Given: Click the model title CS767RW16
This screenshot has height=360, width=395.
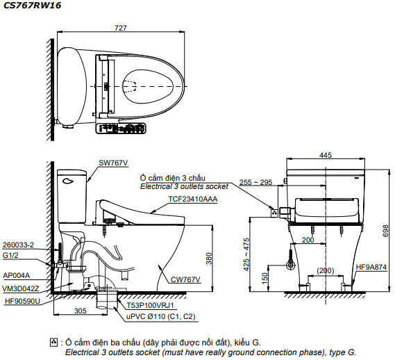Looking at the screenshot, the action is tap(32, 5).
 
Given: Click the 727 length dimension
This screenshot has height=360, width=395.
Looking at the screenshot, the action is tap(121, 28).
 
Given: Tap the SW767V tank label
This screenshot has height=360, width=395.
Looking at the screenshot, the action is tap(113, 163).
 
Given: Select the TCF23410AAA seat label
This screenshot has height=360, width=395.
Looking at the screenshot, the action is tap(193, 199).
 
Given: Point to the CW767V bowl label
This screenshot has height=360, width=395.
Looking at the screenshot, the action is tap(185, 279).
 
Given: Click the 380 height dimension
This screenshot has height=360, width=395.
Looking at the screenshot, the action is tap(209, 259).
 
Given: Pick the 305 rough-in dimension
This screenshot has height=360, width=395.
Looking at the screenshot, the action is tap(80, 311).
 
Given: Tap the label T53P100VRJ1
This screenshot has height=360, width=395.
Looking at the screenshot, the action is tap(150, 306).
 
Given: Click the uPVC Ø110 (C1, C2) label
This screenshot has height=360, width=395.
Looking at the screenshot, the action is tap(161, 316).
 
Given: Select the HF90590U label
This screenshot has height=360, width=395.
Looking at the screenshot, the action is tap(22, 301).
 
